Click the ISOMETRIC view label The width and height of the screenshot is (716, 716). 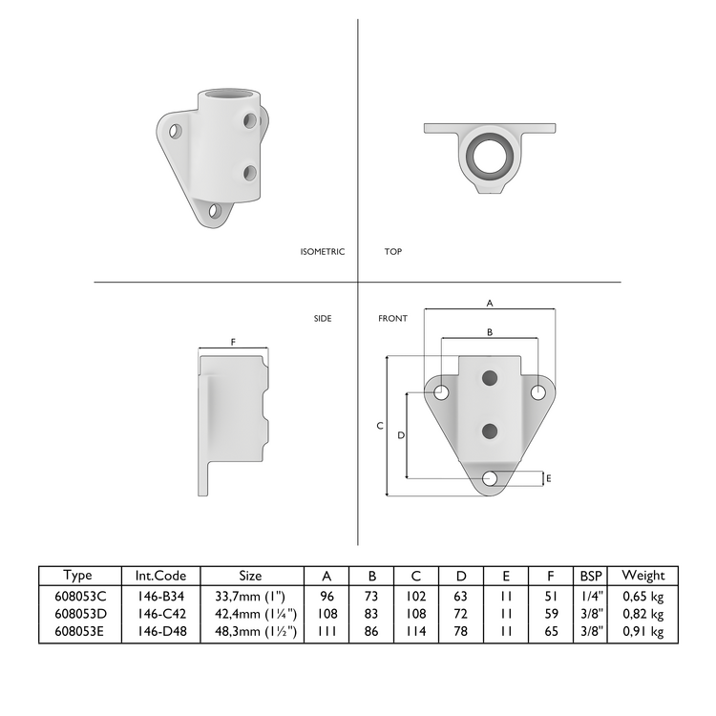pos(322,252)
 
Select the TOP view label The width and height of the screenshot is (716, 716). pos(392,252)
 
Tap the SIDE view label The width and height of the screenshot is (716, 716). pos(323,319)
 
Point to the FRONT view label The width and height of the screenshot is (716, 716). pos(392,319)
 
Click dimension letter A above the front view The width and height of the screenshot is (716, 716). pos(490,303)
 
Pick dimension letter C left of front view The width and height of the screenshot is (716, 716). pos(379,426)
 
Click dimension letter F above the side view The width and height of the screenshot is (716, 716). pos(233,341)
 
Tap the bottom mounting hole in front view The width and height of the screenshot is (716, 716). pos(490,478)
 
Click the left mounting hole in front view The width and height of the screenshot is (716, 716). pos(442,391)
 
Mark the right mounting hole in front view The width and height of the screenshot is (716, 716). pos(538,391)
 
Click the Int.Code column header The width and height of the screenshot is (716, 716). pos(160,576)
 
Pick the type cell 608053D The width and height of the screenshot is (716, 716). pos(79,613)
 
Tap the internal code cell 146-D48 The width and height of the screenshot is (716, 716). pos(160,631)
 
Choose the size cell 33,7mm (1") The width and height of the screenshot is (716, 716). pos(250,595)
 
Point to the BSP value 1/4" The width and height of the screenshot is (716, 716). pos(590,595)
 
